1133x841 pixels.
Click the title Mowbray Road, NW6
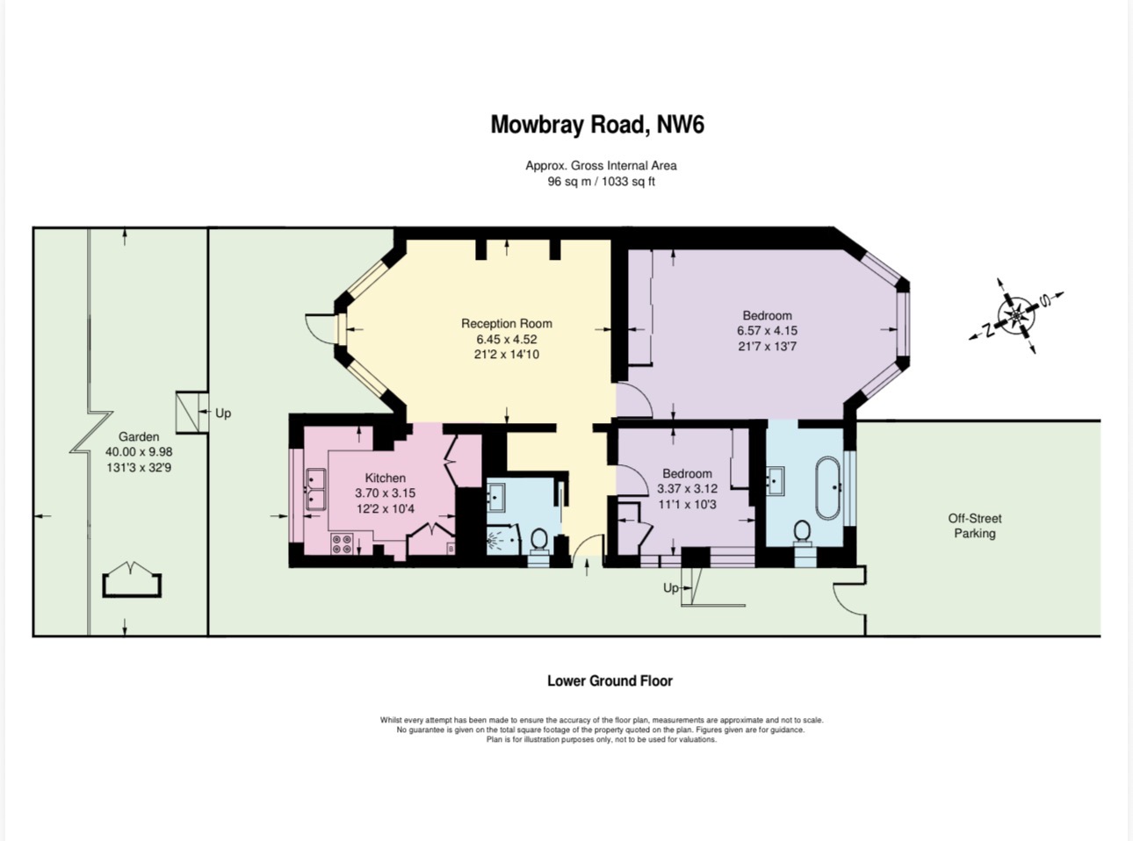(597, 126)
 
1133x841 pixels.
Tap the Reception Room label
(506, 323)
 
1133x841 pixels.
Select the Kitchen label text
(386, 478)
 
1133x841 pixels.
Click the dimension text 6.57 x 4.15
(767, 330)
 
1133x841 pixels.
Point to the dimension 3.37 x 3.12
(687, 489)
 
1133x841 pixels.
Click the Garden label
(139, 436)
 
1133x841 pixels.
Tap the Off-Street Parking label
(975, 526)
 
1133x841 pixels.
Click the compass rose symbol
(1016, 316)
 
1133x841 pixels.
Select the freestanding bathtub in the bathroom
(828, 488)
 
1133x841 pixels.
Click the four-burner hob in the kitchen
(342, 543)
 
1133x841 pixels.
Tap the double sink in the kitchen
(315, 489)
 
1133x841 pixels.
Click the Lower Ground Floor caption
(610, 680)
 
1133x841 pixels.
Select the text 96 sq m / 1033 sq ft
(601, 181)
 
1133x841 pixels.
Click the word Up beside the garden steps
(223, 413)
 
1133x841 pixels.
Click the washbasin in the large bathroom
(776, 480)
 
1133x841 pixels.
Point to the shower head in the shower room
(494, 541)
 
